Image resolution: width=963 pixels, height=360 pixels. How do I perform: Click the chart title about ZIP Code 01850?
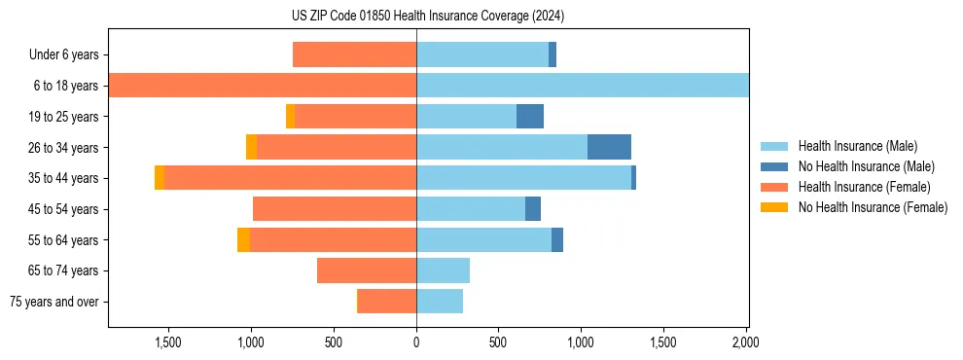(x=427, y=17)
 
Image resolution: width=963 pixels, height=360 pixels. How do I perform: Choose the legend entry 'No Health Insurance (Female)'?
(x=873, y=207)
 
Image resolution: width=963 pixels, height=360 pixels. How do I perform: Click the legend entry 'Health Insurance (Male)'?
(x=857, y=146)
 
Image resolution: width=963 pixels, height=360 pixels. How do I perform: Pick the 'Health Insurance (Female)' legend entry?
(x=864, y=187)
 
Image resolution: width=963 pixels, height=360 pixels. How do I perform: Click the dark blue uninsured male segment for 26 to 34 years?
(x=609, y=147)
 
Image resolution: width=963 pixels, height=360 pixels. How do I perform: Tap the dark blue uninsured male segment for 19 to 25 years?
(x=529, y=117)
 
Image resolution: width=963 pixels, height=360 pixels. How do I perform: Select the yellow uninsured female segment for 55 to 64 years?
(x=243, y=240)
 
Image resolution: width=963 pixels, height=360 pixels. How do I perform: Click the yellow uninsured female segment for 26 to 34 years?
(x=251, y=147)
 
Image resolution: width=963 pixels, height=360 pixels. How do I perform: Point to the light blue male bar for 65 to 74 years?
(x=443, y=270)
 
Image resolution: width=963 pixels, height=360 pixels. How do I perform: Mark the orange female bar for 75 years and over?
(x=387, y=302)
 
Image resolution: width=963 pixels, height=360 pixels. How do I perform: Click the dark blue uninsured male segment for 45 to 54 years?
(x=532, y=209)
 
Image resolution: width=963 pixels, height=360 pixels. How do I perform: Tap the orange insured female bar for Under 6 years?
(x=354, y=55)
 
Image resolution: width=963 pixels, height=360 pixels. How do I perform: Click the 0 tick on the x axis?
(x=416, y=342)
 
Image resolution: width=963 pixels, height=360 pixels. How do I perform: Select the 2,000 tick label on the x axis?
(x=745, y=342)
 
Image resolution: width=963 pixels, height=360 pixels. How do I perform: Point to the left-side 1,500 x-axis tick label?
(x=168, y=342)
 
